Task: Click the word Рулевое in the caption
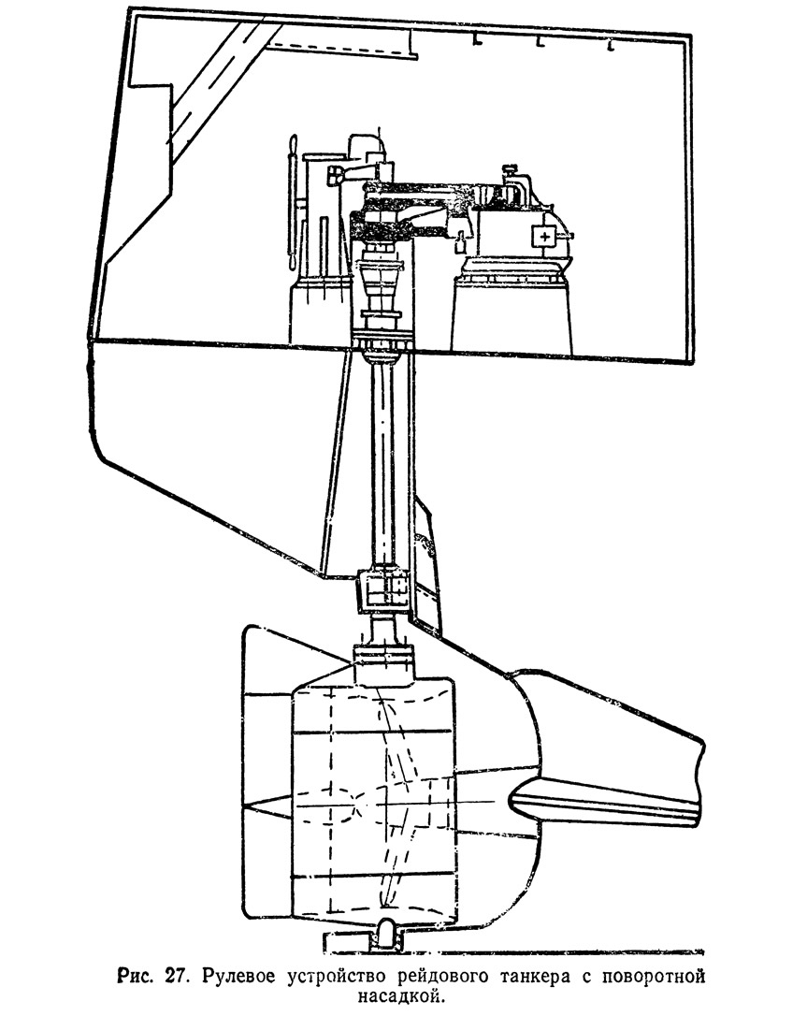click(242, 975)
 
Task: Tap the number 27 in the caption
click(173, 975)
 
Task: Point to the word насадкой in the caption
click(403, 994)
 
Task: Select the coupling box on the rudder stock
click(384, 589)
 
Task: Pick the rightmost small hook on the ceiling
click(610, 46)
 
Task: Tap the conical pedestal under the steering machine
click(512, 310)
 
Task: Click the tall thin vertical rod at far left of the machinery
click(292, 203)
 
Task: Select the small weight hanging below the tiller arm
click(460, 242)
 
